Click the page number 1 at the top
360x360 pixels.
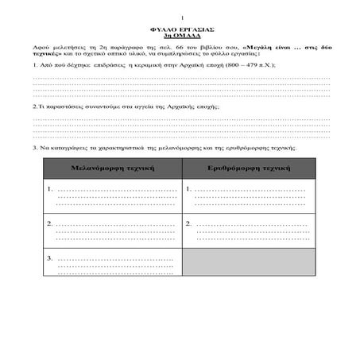tap(182, 17)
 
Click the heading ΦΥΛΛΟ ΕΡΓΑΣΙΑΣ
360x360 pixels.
tap(182, 29)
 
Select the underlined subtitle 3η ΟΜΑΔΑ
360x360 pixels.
tap(182, 36)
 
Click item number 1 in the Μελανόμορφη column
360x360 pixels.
tap(50, 189)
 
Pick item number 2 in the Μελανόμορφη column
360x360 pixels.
tap(50, 223)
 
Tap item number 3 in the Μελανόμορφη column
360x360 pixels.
tap(50, 257)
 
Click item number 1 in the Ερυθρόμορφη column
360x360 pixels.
tap(188, 189)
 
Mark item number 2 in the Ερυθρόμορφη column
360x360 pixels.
tap(188, 223)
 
